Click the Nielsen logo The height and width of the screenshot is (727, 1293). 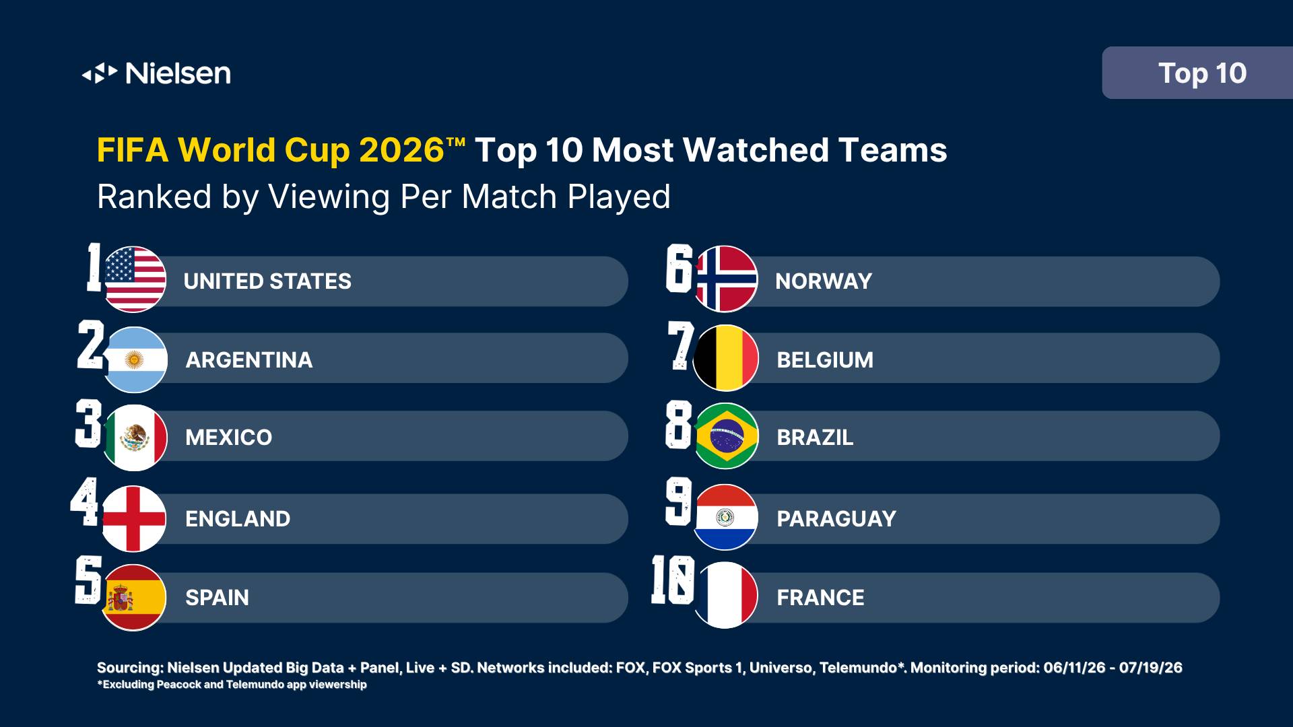[156, 73]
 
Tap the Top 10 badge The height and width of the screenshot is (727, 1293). [1197, 73]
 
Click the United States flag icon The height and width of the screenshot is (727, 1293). [134, 279]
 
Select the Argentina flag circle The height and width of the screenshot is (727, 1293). [135, 359]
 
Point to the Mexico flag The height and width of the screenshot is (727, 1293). [135, 438]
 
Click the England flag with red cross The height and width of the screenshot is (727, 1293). [134, 518]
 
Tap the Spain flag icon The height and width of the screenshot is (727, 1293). [134, 597]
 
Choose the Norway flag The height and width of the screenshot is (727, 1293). [725, 279]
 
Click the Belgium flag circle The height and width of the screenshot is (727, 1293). [725, 358]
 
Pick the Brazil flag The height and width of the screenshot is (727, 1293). [725, 436]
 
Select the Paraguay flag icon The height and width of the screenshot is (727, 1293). [725, 517]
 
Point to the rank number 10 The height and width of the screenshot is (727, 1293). [673, 580]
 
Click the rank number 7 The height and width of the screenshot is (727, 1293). [681, 345]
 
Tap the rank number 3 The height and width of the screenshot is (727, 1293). [89, 423]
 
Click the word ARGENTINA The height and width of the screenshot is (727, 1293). [249, 360]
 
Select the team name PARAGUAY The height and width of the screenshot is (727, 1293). [836, 519]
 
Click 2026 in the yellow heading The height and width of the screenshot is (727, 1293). [401, 150]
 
